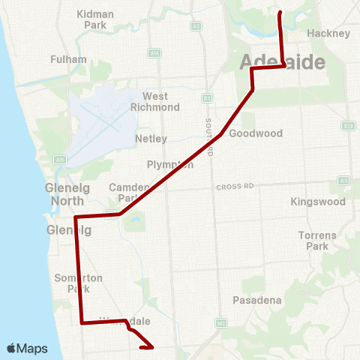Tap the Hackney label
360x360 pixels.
328,34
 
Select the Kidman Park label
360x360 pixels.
95,19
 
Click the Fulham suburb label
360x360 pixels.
68,59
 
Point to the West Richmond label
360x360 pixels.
155,101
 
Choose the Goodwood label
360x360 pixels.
255,133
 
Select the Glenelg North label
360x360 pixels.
67,195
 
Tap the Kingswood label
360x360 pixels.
318,202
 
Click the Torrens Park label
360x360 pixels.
312,240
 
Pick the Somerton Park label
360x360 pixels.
72,283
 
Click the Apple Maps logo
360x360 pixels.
27,348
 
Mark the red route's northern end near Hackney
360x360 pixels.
280,13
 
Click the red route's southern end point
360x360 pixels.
153,348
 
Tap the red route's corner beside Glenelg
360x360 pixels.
76,217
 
